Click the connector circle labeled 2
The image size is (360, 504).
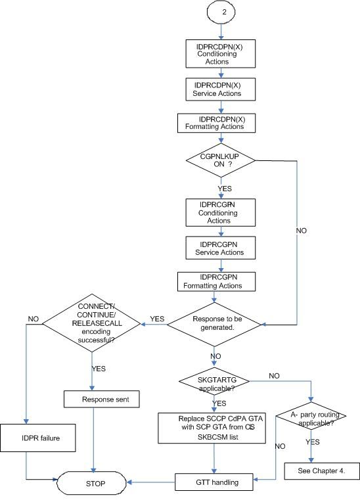point(221,12)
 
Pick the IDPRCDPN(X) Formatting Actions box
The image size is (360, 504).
point(217,122)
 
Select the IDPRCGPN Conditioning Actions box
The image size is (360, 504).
point(217,212)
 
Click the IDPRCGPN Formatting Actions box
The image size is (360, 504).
point(217,281)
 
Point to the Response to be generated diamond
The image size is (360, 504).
point(217,323)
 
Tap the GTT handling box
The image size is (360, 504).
point(217,482)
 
